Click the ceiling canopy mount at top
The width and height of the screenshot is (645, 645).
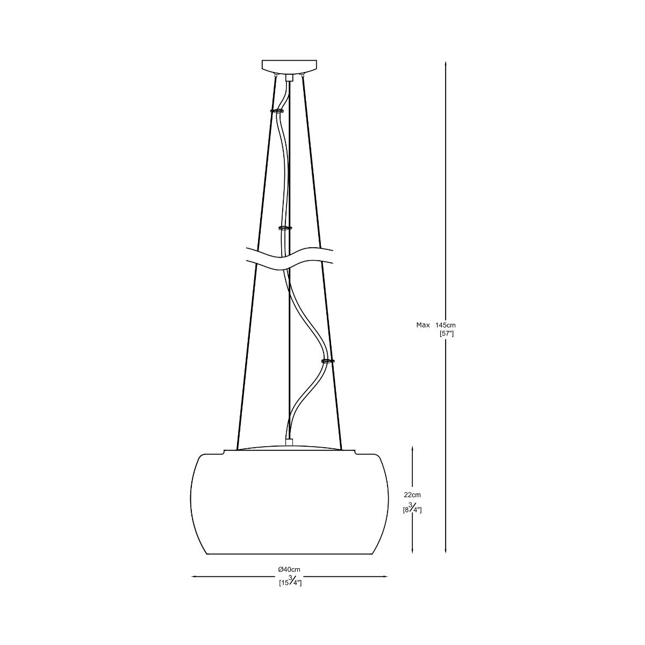pyautogui.click(x=289, y=66)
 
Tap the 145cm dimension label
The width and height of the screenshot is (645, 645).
pyautogui.click(x=446, y=325)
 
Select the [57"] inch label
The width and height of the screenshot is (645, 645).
pyautogui.click(x=447, y=334)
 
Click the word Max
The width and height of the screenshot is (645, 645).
pyautogui.click(x=423, y=325)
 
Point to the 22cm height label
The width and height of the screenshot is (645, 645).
pyautogui.click(x=412, y=494)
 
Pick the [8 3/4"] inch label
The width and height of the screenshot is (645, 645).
pyautogui.click(x=412, y=508)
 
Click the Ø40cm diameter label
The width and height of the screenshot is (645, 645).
pyautogui.click(x=289, y=569)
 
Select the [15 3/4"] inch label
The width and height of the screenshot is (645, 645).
pyautogui.click(x=290, y=582)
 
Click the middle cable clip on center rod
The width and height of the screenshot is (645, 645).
pyautogui.click(x=285, y=228)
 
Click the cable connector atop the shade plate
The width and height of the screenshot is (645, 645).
pyautogui.click(x=290, y=442)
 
